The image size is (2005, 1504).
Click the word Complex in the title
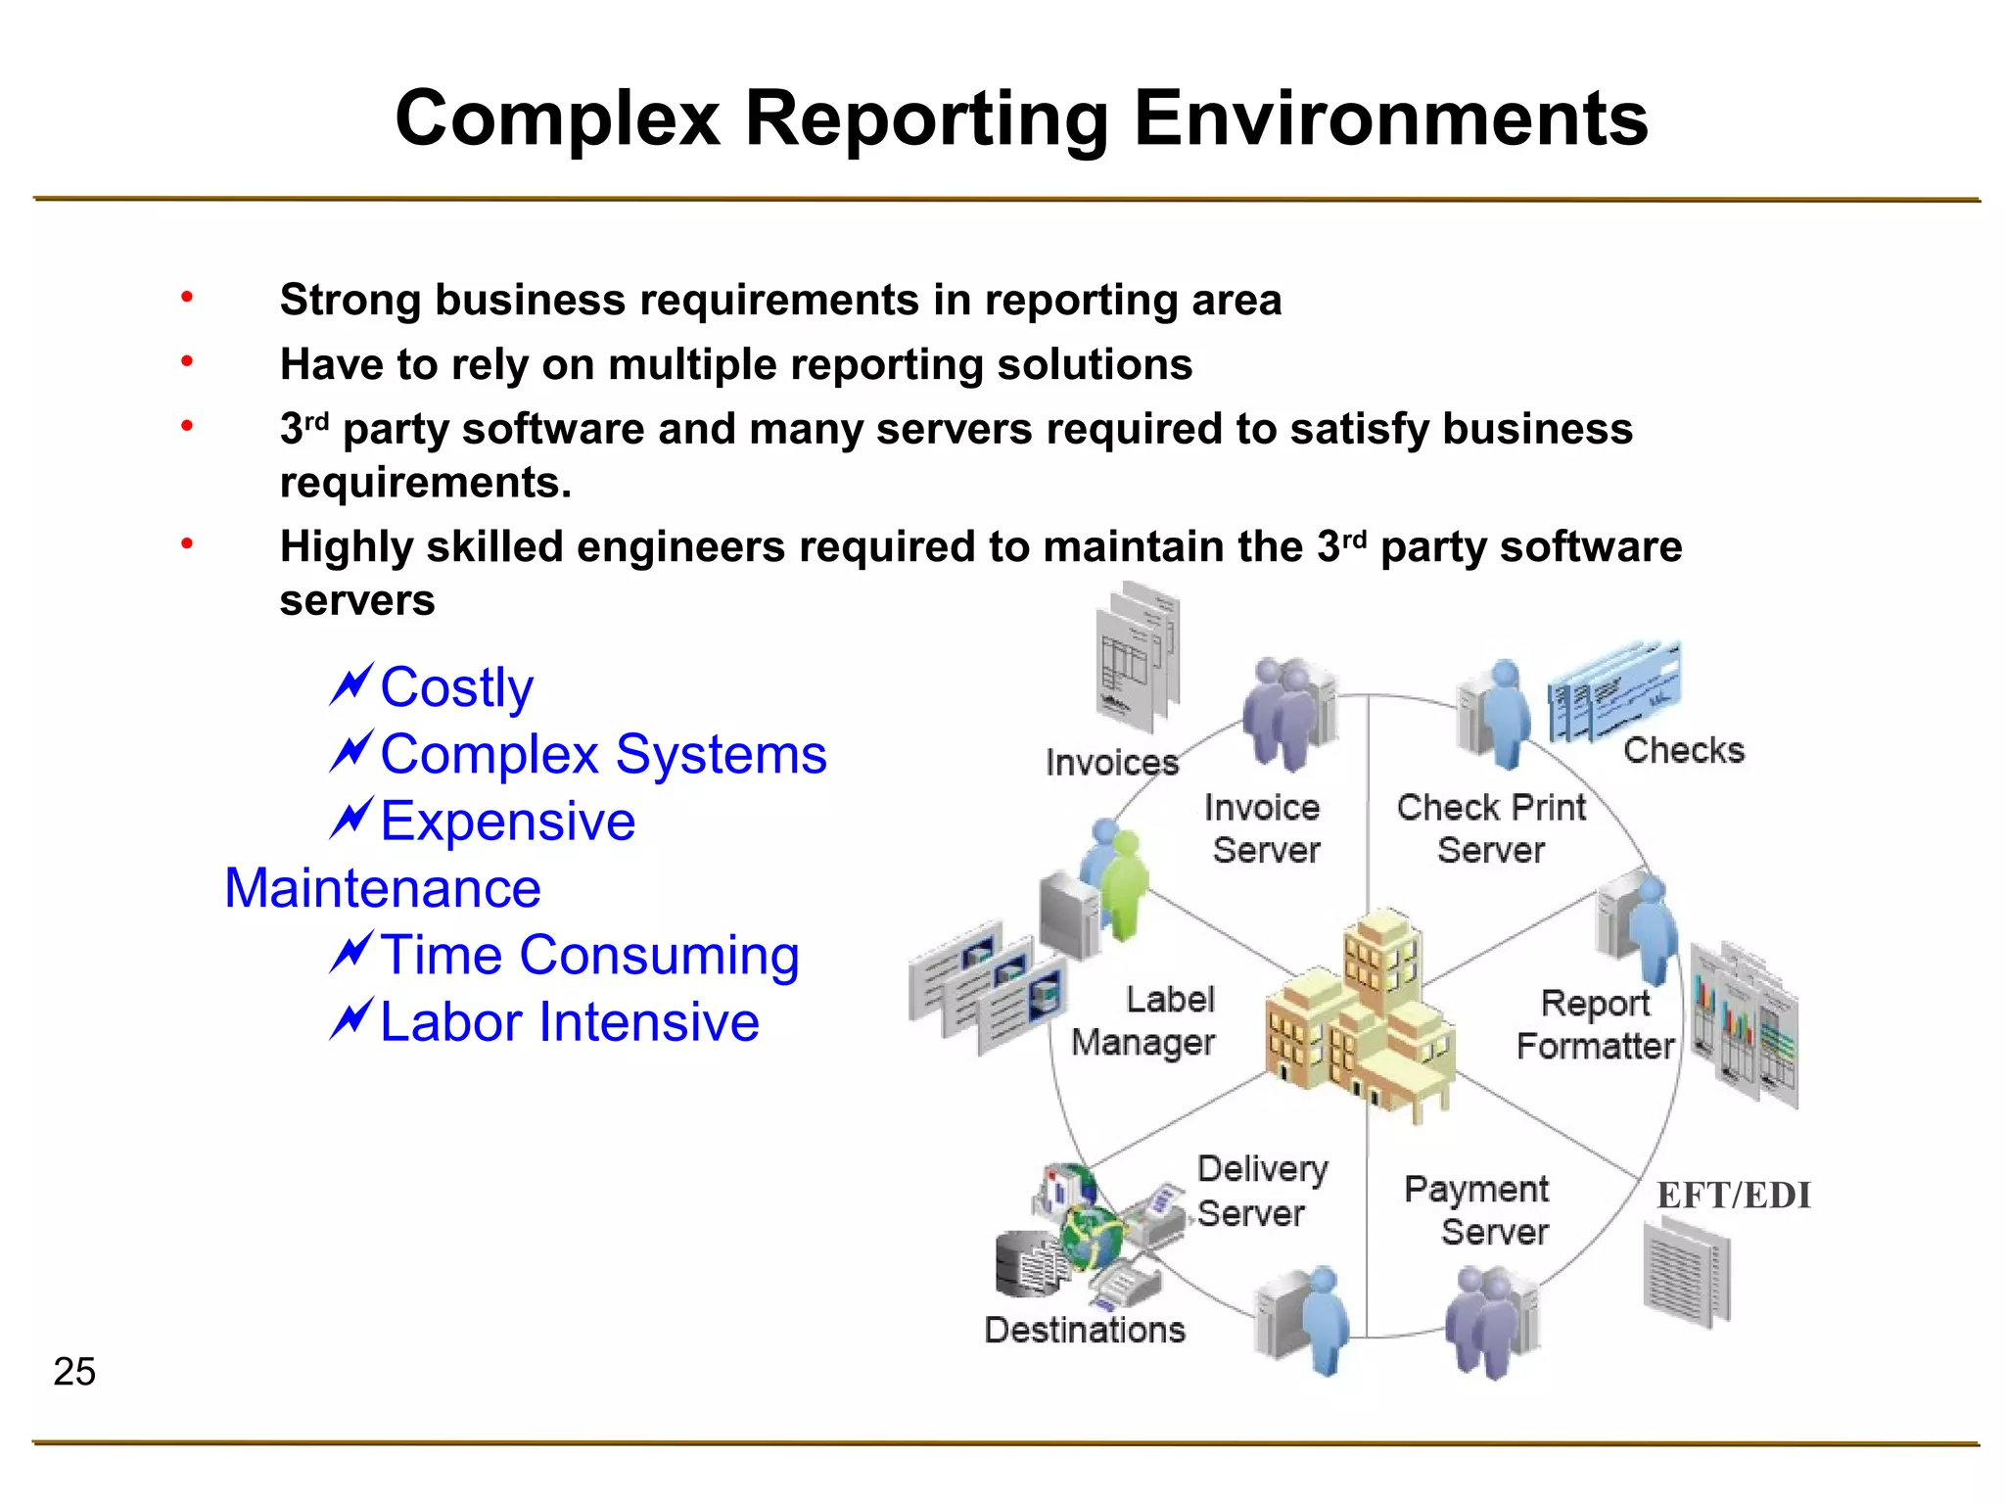pos(557,119)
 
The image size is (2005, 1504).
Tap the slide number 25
pos(74,1372)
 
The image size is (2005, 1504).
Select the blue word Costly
pos(456,687)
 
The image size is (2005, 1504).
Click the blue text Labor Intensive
pos(569,1022)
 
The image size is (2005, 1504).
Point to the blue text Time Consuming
pos(589,956)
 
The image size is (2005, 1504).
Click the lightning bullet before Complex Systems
pos(350,752)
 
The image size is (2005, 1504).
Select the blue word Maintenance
pos(383,889)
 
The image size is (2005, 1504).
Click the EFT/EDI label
pos(1733,1196)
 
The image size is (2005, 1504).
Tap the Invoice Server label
pos(1264,829)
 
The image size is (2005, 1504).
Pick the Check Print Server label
pos(1490,829)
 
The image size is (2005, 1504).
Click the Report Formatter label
pos(1595,1024)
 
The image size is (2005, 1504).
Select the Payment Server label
pos(1478,1210)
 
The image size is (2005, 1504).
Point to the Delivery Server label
pos(1261,1191)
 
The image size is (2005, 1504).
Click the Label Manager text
pos(1145,1021)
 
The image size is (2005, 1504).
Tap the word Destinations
pos(1085,1331)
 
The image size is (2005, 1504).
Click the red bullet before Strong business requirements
pos(187,297)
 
